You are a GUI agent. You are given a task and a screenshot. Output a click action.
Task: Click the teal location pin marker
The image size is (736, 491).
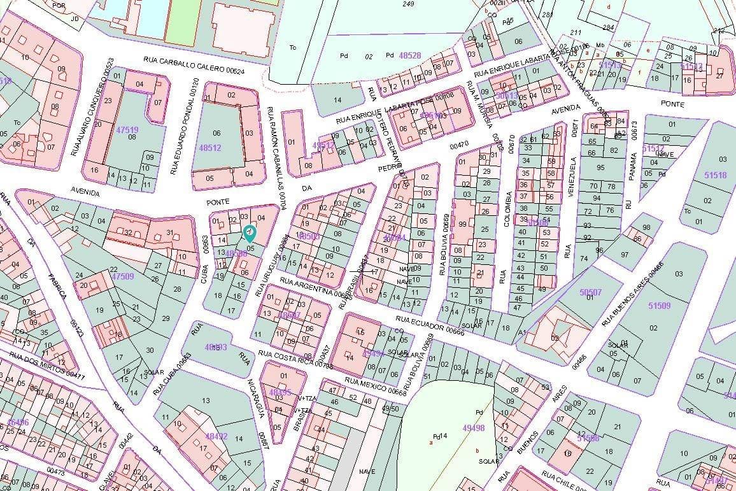(x=250, y=232)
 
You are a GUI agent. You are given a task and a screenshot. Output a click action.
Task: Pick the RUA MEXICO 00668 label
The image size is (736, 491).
(x=376, y=386)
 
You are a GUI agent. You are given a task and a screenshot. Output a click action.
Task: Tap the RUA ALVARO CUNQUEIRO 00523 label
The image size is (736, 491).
(x=92, y=106)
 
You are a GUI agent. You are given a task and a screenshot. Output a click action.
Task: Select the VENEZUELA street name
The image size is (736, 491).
(x=572, y=178)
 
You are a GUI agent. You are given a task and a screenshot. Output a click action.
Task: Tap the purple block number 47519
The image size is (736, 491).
(x=127, y=130)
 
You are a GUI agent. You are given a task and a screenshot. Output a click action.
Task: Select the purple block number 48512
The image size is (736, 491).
(x=209, y=147)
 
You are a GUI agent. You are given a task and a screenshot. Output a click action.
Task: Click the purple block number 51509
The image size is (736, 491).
(x=659, y=306)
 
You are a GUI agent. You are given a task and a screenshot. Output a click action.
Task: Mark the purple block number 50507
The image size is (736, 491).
(x=590, y=292)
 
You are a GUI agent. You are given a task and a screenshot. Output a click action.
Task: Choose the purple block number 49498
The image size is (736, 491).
(x=474, y=428)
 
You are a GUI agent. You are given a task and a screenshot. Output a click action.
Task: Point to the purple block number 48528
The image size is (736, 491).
(x=409, y=55)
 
